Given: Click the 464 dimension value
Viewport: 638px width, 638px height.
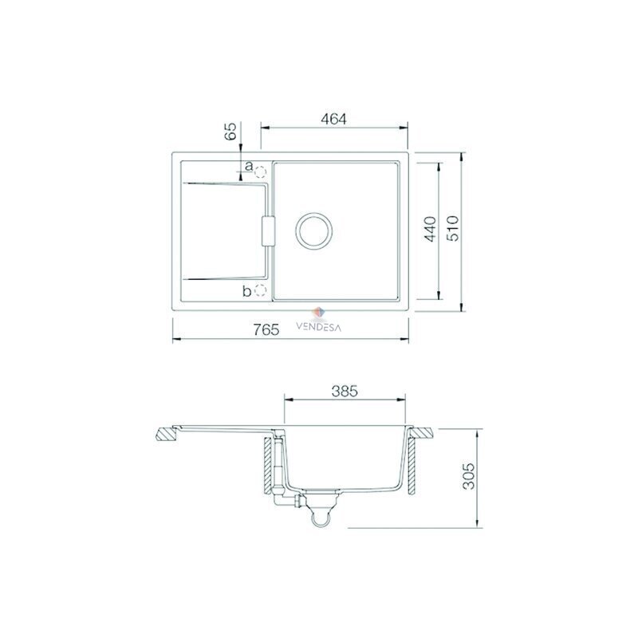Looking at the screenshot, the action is pyautogui.click(x=333, y=119).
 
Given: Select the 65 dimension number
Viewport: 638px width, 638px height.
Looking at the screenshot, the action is pyautogui.click(x=230, y=131).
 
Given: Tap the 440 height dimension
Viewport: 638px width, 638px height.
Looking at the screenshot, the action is pyautogui.click(x=430, y=229).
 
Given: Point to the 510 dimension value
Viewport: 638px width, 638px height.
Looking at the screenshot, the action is pyautogui.click(x=452, y=228).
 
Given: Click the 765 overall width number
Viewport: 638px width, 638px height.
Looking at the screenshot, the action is pyautogui.click(x=266, y=329).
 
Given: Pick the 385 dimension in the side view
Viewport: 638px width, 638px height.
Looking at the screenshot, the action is pyautogui.click(x=345, y=391).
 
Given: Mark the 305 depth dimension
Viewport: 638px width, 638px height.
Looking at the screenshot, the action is pyautogui.click(x=469, y=475).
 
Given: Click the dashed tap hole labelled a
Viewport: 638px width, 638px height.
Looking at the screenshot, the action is pyautogui.click(x=260, y=173).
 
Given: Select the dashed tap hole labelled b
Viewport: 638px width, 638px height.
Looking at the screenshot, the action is pyautogui.click(x=260, y=290).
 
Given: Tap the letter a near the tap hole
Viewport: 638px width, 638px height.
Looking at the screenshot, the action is pyautogui.click(x=249, y=166).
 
